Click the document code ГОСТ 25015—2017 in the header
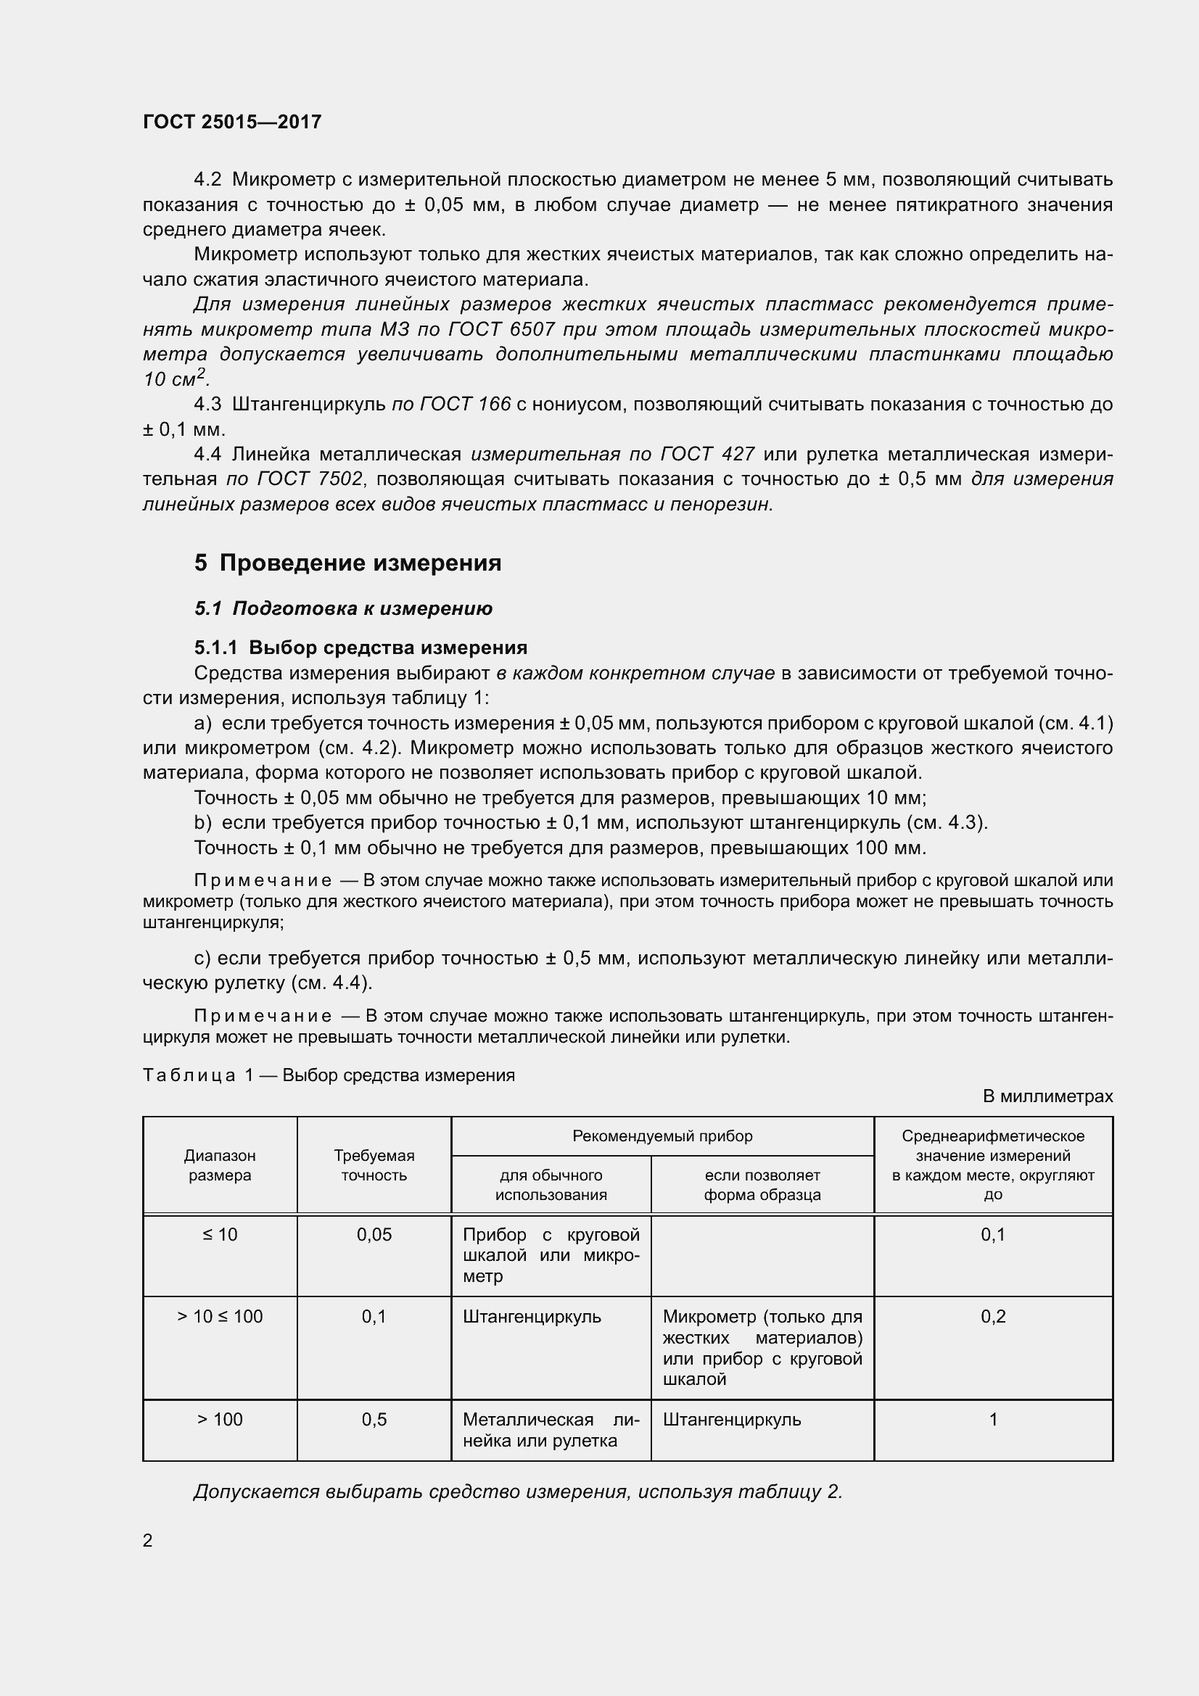[x=232, y=122]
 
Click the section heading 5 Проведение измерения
[x=347, y=563]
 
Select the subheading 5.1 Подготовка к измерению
[x=343, y=608]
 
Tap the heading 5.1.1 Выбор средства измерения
[x=360, y=648]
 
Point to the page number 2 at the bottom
[x=148, y=1540]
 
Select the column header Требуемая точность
[x=374, y=1165]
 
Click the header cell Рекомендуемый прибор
[x=662, y=1136]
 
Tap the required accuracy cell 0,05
[x=374, y=1235]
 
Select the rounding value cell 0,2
[x=993, y=1316]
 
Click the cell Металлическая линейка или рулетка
[x=551, y=1429]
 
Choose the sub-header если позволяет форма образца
[x=762, y=1185]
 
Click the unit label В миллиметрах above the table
[x=1047, y=1096]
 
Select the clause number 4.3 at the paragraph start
[x=207, y=404]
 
